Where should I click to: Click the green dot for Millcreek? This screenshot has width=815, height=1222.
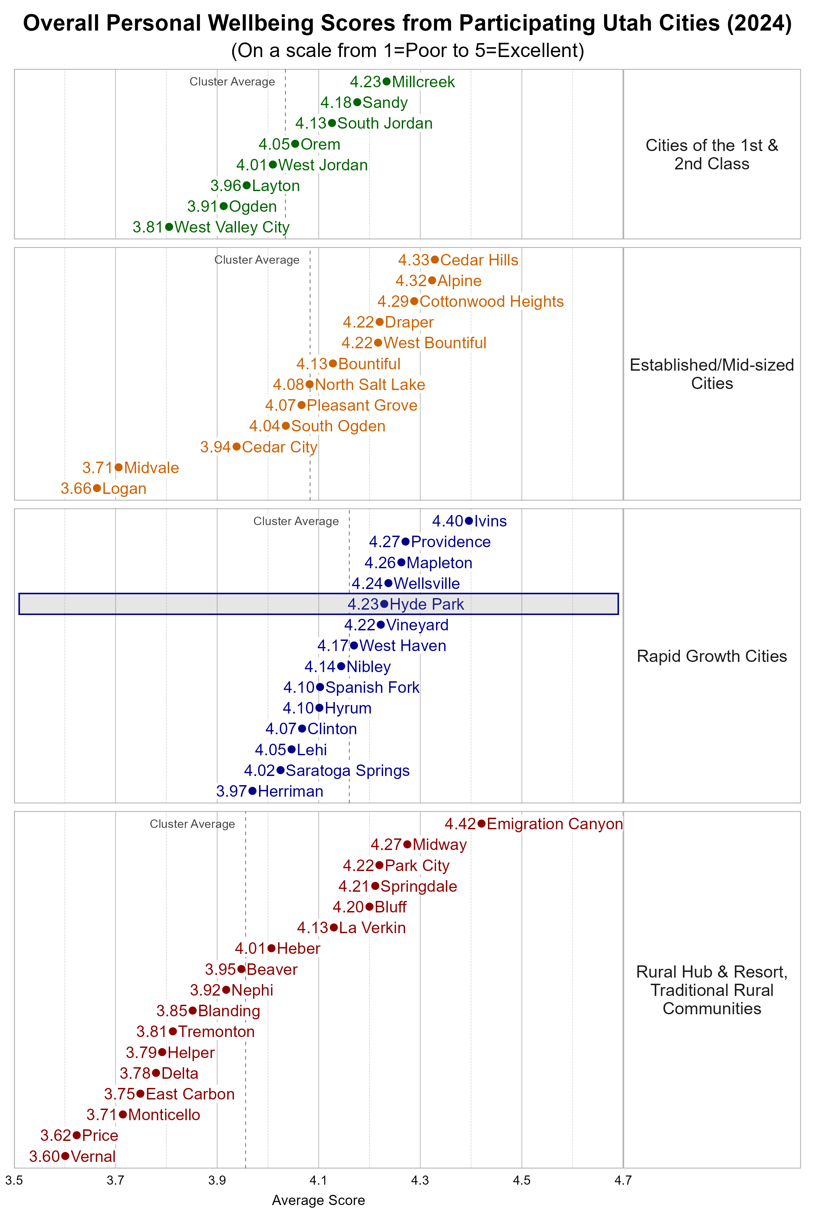(x=386, y=81)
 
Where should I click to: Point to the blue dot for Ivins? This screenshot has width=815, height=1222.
(x=469, y=521)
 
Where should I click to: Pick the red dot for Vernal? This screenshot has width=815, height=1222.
(x=65, y=1156)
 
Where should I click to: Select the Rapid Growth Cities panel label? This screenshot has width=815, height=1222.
(x=711, y=656)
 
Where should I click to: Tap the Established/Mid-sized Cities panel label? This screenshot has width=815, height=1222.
(x=711, y=374)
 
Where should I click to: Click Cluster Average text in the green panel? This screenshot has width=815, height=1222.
(x=232, y=81)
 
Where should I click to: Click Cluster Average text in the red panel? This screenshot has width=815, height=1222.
(x=192, y=824)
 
